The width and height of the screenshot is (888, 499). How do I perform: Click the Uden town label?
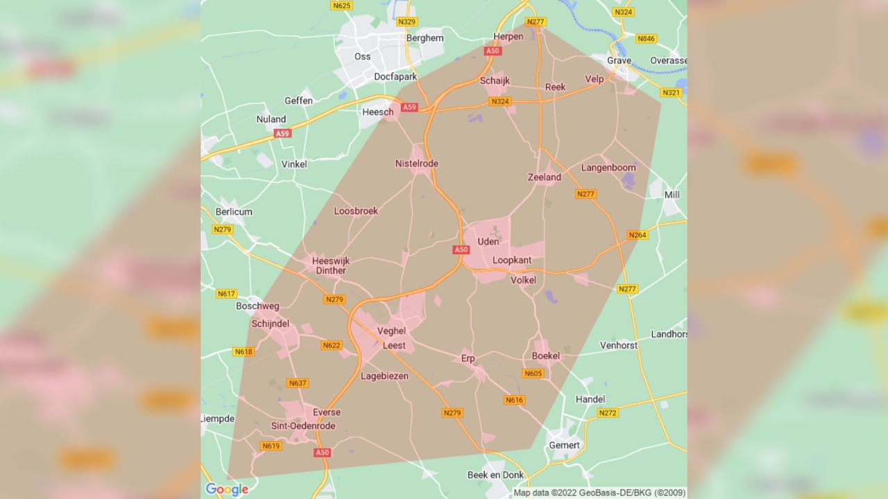tap(488, 241)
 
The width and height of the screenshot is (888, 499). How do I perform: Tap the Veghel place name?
tap(391, 331)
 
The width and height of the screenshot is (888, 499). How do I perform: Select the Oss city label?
tap(362, 56)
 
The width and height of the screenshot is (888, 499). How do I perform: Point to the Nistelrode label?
tap(416, 164)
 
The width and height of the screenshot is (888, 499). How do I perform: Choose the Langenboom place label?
tap(608, 167)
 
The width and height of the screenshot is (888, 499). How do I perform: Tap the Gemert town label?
tap(564, 444)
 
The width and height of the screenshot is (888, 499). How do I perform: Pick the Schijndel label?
tap(270, 324)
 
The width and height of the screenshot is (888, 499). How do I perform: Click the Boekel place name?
tap(545, 356)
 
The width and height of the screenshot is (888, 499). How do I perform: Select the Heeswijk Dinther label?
tap(331, 265)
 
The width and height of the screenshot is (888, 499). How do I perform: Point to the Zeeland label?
tap(545, 177)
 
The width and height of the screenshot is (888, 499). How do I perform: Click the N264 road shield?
tap(637, 235)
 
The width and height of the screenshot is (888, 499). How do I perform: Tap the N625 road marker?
tap(341, 6)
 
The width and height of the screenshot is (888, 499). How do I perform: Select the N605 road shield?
tap(532, 374)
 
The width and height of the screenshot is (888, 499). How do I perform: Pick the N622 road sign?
tap(331, 345)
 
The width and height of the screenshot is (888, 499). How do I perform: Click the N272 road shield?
tap(607, 412)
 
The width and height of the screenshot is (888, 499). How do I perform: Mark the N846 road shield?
tap(646, 38)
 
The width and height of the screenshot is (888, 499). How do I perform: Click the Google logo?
tap(227, 489)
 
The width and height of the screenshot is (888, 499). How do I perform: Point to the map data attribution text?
tap(599, 493)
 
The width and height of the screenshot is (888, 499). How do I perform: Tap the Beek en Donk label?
tap(496, 474)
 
